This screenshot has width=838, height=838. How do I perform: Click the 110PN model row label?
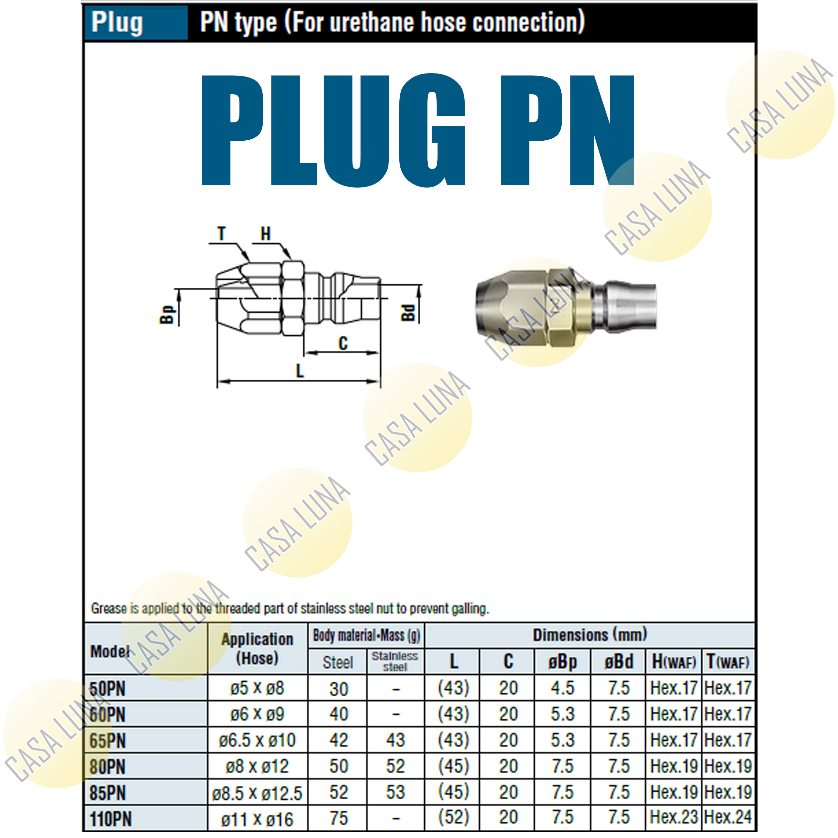click(111, 819)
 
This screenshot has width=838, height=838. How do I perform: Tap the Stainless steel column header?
click(395, 661)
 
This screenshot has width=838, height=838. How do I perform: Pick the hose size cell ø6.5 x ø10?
click(257, 740)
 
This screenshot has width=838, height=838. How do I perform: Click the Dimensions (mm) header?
click(590, 635)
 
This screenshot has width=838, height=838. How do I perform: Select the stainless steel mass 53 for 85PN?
click(395, 792)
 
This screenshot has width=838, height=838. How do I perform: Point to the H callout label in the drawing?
click(265, 234)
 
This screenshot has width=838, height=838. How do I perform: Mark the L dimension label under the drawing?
click(300, 371)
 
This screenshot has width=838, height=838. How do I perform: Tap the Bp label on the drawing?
click(167, 315)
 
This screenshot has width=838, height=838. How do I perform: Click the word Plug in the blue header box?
click(117, 23)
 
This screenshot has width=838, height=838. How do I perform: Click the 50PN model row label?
click(107, 689)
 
